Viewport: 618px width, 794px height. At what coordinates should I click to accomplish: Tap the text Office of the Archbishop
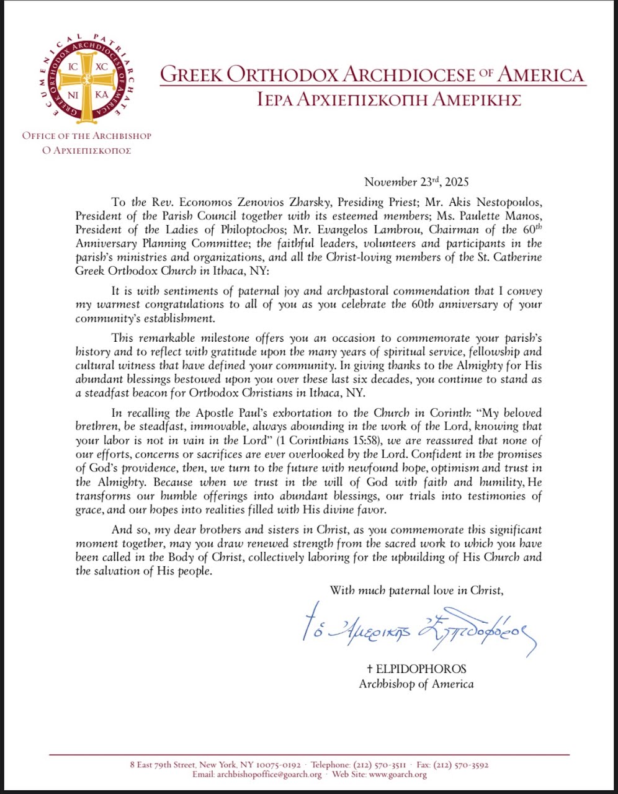tap(86, 135)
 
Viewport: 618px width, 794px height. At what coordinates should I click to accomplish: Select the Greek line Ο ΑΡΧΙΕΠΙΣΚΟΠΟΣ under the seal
tap(86, 150)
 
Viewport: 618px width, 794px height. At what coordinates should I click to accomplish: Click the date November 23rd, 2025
tap(416, 182)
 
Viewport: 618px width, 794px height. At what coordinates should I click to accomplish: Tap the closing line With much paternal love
tap(416, 590)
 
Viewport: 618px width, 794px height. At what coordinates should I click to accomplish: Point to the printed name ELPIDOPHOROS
tap(416, 669)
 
